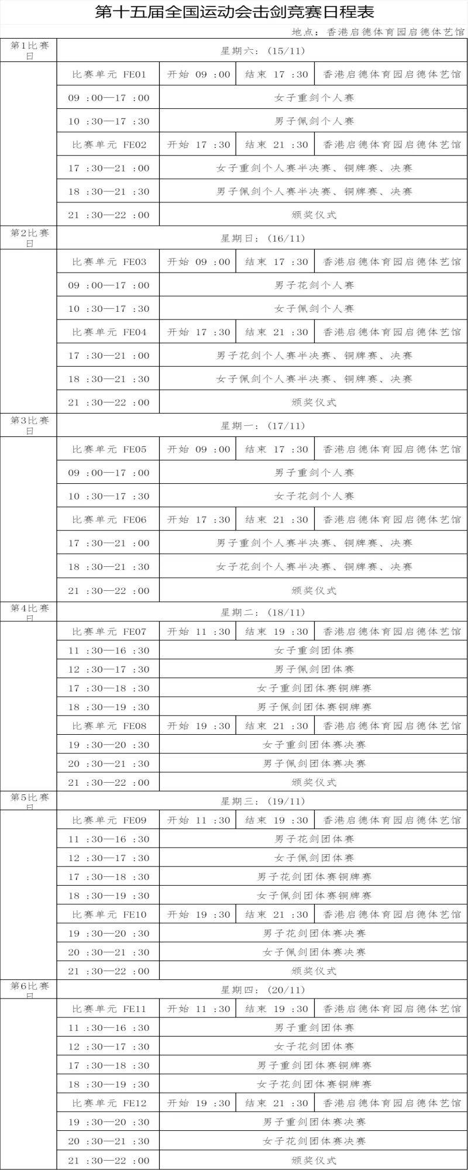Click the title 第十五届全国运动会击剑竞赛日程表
[x=234, y=12]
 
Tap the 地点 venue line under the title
[x=377, y=32]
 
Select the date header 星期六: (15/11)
[x=263, y=51]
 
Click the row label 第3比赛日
[x=29, y=425]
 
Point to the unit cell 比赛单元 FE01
[x=109, y=75]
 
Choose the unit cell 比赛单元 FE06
[x=109, y=519]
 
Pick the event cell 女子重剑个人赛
[x=314, y=98]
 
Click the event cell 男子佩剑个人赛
[x=314, y=121]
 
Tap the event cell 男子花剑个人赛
[x=314, y=285]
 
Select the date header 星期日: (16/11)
[x=263, y=238]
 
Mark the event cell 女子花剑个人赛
[x=314, y=496]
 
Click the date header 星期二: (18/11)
[x=263, y=612]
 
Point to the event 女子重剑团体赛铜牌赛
[x=314, y=688]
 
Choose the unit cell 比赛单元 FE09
[x=109, y=820]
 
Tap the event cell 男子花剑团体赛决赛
[x=314, y=933]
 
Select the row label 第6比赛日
[x=29, y=989]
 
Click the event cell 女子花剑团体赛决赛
[x=314, y=1141]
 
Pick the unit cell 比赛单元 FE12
[x=109, y=1103]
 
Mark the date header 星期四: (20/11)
[x=263, y=990]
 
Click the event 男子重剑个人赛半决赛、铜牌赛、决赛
[x=314, y=543]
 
